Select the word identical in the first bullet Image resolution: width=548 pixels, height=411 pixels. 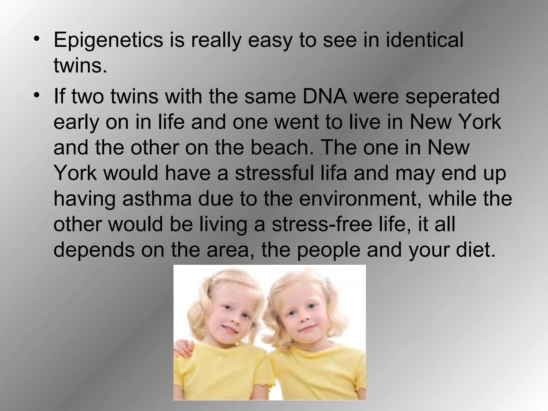[424, 40]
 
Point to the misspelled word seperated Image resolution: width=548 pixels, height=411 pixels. [452, 97]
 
